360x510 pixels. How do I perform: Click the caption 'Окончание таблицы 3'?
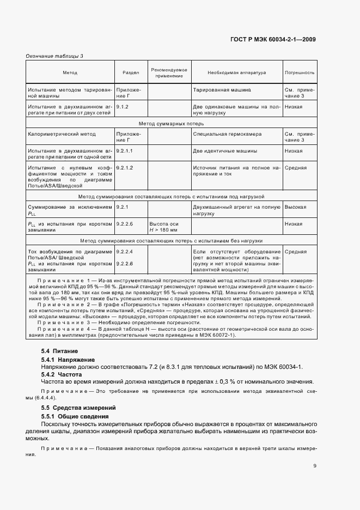pos(54,56)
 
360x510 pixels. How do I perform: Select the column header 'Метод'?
pos(70,72)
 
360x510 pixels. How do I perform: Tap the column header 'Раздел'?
pos(131,72)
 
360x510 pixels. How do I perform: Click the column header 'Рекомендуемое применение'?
pos(169,72)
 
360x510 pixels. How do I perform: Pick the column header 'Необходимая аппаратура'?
pos(236,72)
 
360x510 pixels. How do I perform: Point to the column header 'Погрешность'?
pos(300,72)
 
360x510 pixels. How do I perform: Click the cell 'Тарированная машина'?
pos(222,89)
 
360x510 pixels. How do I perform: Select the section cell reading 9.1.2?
pos(122,107)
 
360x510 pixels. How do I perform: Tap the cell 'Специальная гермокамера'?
pos(227,133)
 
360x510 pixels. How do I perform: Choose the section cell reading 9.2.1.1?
pos(125,149)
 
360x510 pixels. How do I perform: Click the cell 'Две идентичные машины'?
pos(225,149)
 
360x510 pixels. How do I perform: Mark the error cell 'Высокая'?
pos(295,208)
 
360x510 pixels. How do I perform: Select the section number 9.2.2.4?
pos(125,252)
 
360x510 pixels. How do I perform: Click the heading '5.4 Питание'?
pos(59,351)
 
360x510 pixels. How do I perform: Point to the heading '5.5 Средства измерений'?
pos(76,408)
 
